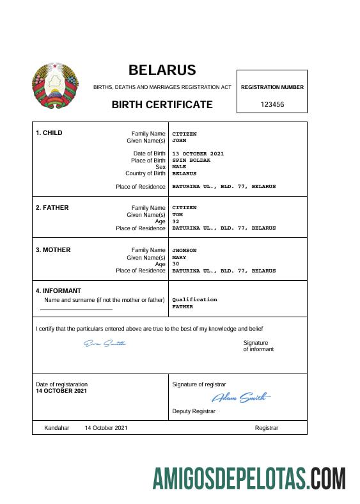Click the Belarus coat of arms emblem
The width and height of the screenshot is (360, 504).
55,86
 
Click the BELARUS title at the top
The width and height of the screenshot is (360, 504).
162,70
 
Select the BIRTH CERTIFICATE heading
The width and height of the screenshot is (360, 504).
162,104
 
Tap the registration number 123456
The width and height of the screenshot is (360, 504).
272,104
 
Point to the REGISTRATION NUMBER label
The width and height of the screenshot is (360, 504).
272,87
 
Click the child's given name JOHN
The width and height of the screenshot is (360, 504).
179,140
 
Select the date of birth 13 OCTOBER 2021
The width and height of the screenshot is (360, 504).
198,154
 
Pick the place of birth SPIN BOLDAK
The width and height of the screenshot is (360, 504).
191,160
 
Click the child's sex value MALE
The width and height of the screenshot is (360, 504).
179,166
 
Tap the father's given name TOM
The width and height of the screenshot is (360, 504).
178,214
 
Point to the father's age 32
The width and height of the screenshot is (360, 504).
176,221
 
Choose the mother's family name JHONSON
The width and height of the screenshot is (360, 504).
185,250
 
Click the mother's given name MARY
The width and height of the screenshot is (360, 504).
179,257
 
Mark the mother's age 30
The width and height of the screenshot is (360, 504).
176,264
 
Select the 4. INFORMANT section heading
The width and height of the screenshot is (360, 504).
58,290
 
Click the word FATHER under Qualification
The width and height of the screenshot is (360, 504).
183,306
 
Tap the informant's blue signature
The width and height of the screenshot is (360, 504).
105,343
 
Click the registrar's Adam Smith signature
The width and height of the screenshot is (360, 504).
240,398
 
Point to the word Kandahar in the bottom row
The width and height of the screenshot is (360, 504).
56,427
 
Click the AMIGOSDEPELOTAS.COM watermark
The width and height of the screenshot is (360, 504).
249,478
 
